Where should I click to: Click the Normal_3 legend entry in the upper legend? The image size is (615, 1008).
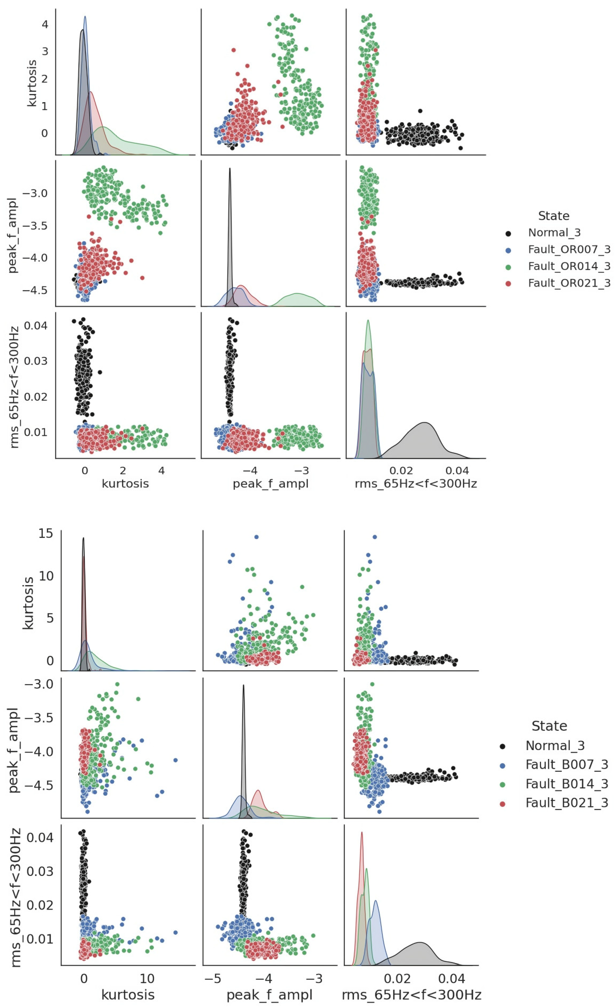click(554, 233)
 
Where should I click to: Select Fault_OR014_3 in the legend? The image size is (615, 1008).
click(569, 266)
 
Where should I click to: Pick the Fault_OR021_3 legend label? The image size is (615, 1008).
click(569, 283)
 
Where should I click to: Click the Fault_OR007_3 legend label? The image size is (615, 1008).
click(569, 250)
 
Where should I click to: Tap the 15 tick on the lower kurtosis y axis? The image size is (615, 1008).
click(45, 533)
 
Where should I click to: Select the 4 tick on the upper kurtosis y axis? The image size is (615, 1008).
click(45, 24)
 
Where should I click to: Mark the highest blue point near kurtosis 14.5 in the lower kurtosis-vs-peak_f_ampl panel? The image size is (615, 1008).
click(257, 537)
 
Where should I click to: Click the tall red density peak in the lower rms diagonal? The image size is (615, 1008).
click(362, 832)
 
